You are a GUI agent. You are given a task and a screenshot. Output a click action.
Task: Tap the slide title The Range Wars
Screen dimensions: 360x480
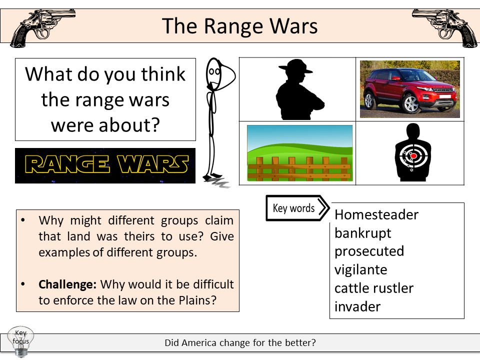click(x=240, y=26)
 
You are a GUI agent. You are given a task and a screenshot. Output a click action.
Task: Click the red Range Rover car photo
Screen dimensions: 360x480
click(x=409, y=89)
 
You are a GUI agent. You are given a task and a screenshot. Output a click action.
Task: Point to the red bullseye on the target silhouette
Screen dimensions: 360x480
click(x=413, y=156)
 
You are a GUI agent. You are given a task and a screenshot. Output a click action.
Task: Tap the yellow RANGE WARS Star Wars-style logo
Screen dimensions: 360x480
click(x=105, y=165)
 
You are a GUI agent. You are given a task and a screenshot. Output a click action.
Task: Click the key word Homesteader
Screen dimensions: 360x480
click(x=376, y=214)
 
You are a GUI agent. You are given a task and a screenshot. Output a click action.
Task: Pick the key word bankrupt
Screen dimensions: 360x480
click(x=362, y=233)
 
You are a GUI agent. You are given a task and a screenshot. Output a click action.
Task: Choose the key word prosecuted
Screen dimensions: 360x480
click(x=369, y=251)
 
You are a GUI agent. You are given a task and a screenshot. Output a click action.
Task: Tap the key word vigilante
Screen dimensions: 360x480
click(x=360, y=269)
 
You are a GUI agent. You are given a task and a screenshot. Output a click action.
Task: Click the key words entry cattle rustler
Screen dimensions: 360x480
click(x=373, y=288)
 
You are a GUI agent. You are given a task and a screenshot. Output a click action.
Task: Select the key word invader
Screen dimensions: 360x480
click(x=357, y=306)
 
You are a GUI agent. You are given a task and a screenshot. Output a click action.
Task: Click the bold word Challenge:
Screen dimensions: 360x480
click(x=67, y=284)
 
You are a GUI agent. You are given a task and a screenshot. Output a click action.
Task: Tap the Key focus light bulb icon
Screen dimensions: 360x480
click(x=20, y=341)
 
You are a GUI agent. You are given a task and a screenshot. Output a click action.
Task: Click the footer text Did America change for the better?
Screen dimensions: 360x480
click(x=240, y=343)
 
